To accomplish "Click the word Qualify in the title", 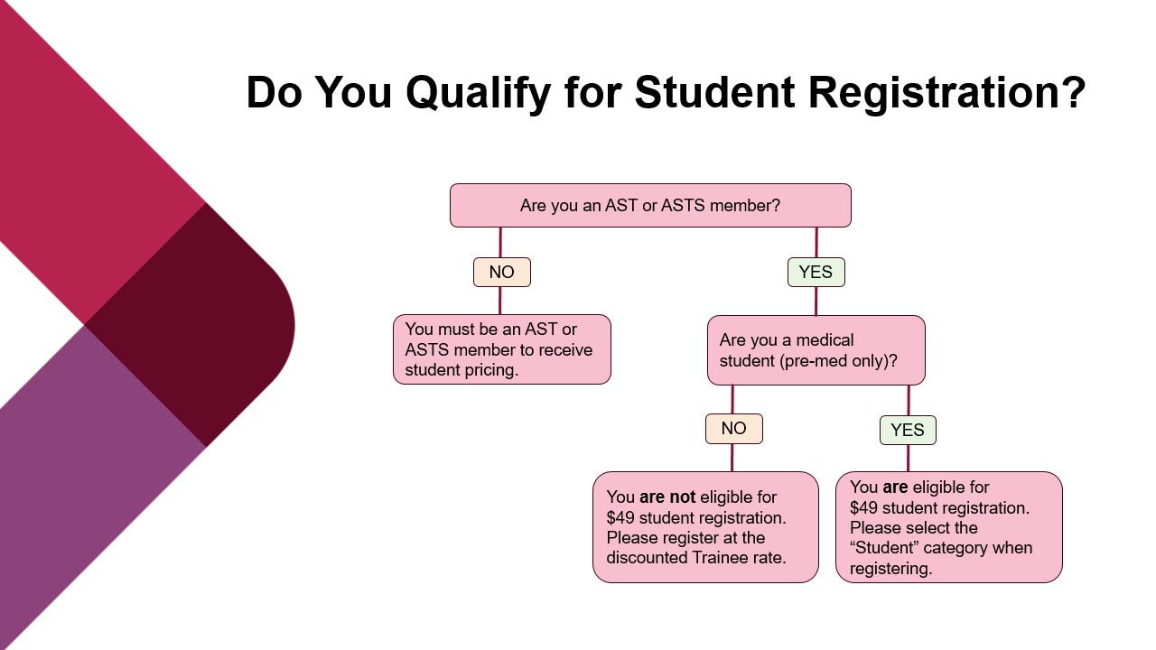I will [x=475, y=93].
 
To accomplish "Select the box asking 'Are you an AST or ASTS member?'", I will [x=650, y=206].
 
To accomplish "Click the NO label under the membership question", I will [x=501, y=273].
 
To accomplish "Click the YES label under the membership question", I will [x=816, y=273].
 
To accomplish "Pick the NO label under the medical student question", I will [x=733, y=429].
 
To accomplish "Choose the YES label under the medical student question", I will [x=908, y=431].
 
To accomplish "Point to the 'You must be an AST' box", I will [x=502, y=349].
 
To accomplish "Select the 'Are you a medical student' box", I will [x=816, y=350].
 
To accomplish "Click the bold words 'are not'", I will [x=667, y=497].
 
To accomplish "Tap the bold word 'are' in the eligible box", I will [x=895, y=487].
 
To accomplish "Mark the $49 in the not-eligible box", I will [x=622, y=518].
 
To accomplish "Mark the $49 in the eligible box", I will [x=866, y=508].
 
